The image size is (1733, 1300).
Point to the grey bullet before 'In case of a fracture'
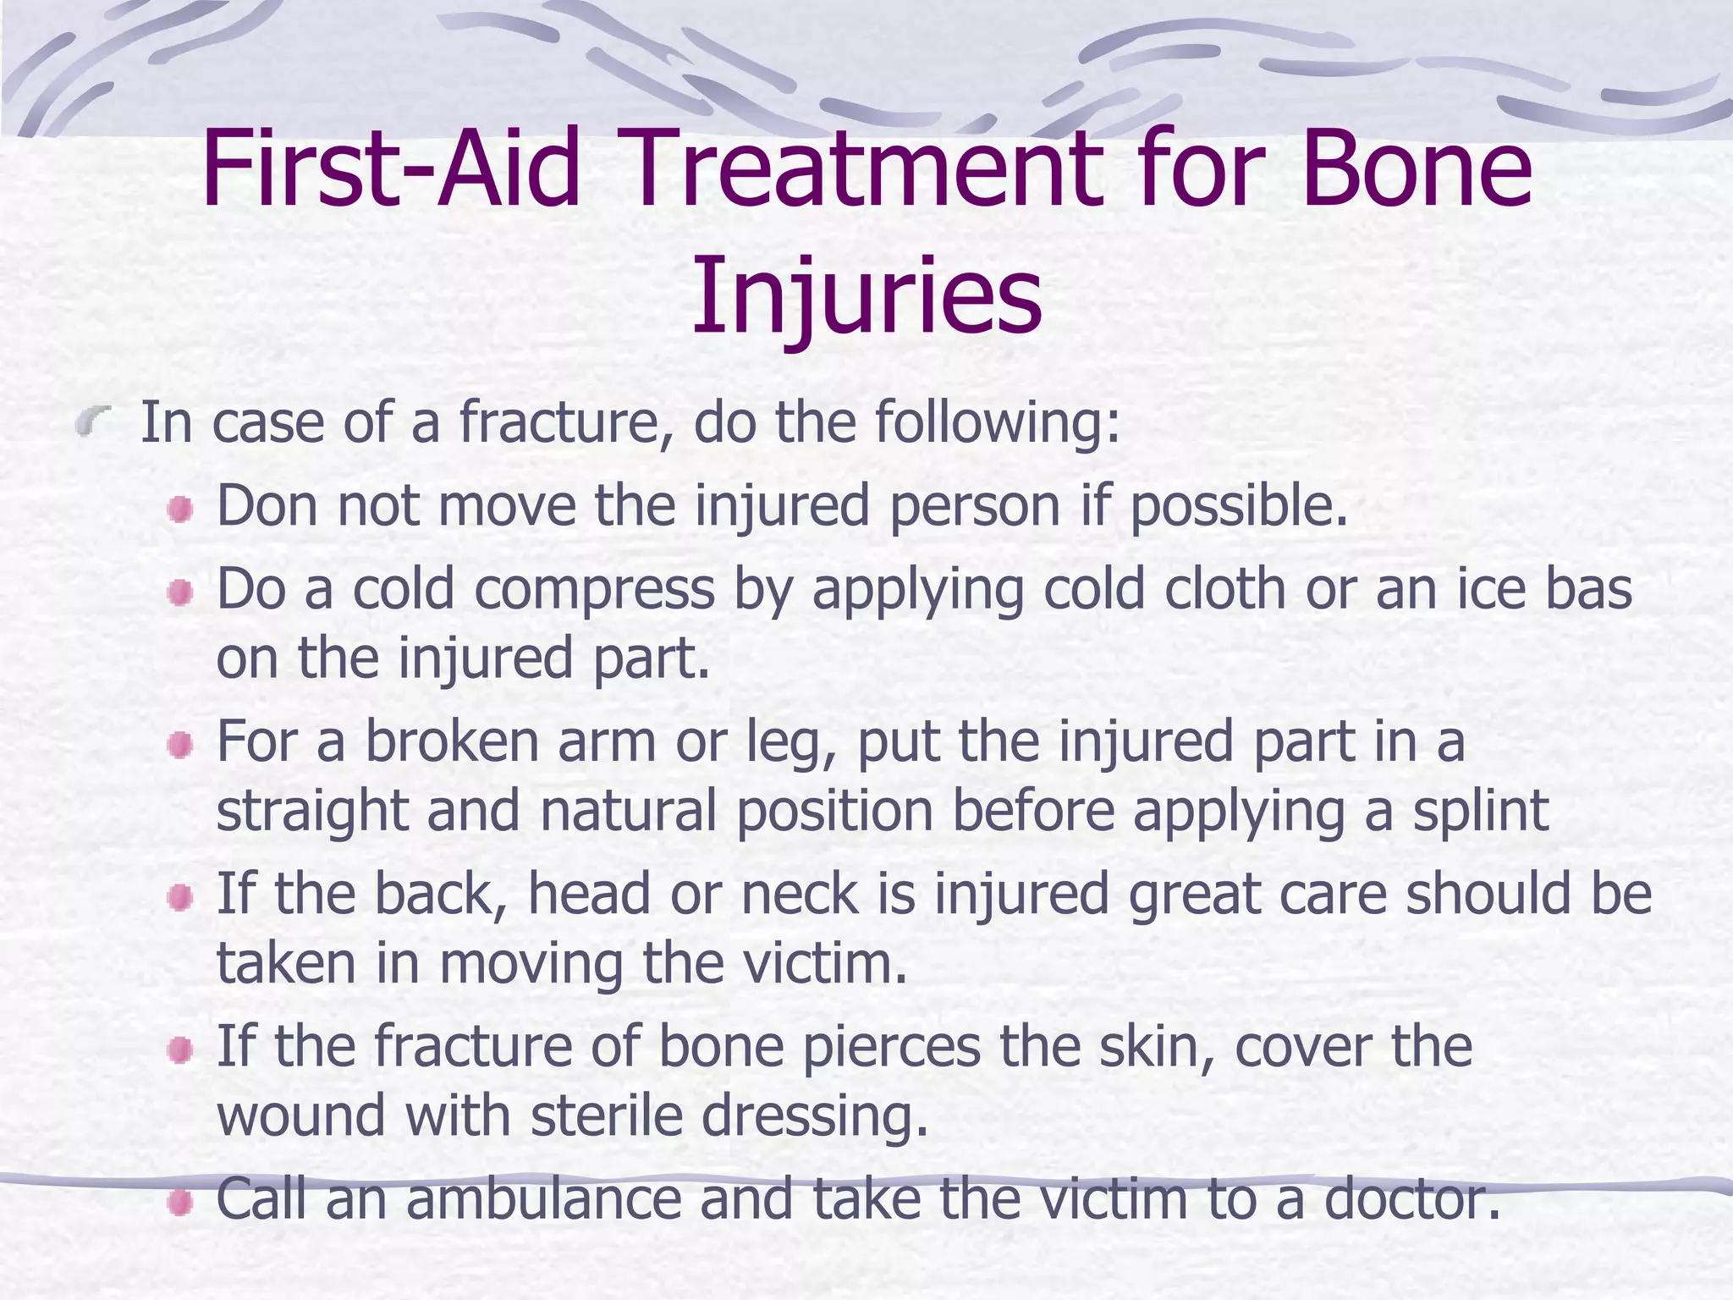click(x=93, y=421)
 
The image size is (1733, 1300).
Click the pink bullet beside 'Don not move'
click(x=179, y=510)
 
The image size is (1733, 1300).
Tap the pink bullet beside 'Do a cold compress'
click(x=179, y=592)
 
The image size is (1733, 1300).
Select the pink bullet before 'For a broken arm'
click(x=179, y=745)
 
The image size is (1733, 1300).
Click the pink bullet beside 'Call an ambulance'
click(x=179, y=1202)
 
